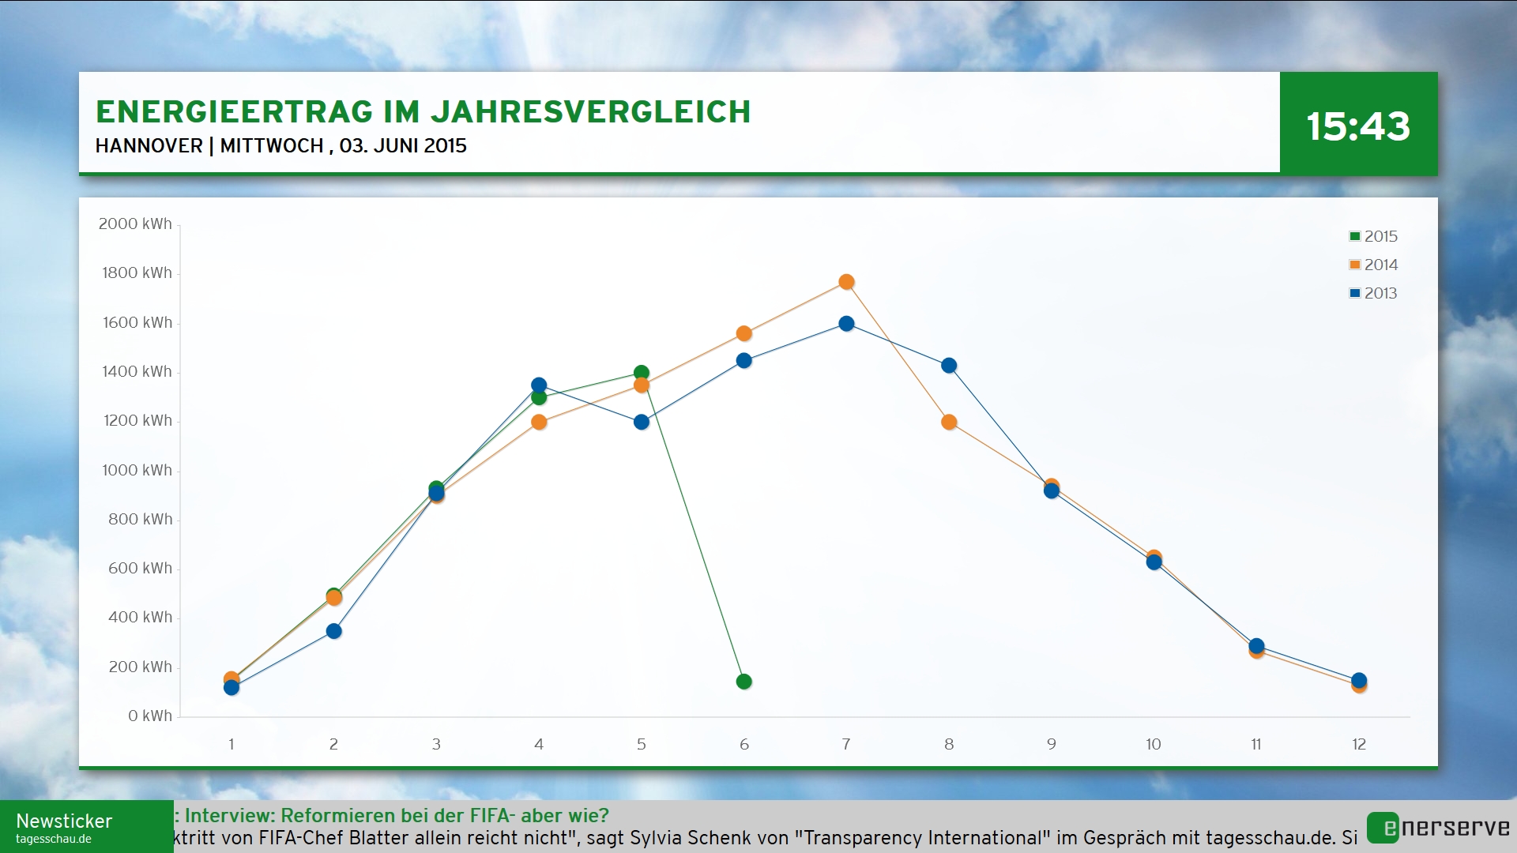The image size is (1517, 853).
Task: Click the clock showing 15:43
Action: tap(1357, 126)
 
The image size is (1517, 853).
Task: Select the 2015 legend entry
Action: tap(1373, 236)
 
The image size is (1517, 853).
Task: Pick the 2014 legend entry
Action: tap(1373, 265)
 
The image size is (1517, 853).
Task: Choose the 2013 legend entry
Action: tap(1373, 293)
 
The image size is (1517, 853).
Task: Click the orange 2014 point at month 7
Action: tap(846, 282)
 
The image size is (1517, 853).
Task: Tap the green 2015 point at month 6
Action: tap(743, 682)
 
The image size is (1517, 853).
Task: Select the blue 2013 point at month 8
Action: tap(949, 366)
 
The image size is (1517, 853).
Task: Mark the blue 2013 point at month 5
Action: tap(642, 422)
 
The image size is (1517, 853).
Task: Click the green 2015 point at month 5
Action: tap(642, 373)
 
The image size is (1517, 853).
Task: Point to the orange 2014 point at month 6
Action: tap(743, 333)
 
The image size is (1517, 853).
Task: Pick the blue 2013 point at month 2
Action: tap(334, 631)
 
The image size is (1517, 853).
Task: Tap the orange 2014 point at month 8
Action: tap(949, 422)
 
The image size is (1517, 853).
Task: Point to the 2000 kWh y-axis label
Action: tap(135, 224)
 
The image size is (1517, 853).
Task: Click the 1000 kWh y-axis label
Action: tap(137, 471)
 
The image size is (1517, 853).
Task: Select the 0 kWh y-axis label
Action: tap(149, 716)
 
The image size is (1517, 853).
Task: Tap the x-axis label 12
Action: tap(1359, 744)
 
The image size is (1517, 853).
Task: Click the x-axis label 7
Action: tap(846, 744)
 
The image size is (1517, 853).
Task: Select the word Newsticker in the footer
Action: tap(64, 821)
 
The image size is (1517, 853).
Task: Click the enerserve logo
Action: tap(1438, 828)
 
